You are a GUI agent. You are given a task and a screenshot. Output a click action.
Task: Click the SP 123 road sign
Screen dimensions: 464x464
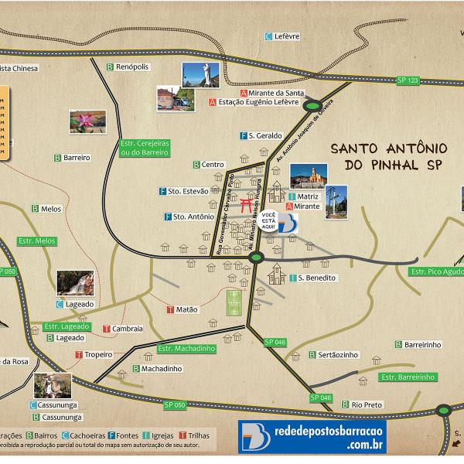click(x=408, y=80)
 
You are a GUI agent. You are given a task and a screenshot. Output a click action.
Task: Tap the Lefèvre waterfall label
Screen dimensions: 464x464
click(x=286, y=36)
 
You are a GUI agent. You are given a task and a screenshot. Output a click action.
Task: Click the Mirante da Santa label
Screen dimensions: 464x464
click(x=266, y=92)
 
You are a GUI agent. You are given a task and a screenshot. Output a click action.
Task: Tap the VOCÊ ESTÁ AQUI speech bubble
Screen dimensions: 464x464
click(x=268, y=220)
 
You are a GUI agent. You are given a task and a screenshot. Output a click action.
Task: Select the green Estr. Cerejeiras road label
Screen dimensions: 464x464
click(x=145, y=148)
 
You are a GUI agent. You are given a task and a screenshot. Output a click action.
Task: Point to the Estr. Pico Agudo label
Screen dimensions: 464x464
click(x=437, y=271)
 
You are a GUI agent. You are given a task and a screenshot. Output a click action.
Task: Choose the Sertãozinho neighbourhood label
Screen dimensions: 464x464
click(x=333, y=355)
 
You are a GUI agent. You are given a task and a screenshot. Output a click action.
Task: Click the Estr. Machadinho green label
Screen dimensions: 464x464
click(x=186, y=349)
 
